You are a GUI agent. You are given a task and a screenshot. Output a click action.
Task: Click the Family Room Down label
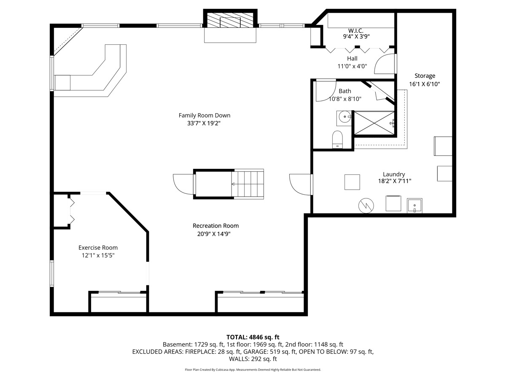point(204,115)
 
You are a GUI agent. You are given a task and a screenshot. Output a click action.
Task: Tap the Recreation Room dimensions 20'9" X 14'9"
point(214,234)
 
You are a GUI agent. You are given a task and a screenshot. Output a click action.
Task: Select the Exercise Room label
point(98,247)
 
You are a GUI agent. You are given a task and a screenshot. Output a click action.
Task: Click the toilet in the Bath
point(337,139)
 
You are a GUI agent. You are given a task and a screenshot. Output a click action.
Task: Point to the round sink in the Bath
point(344,117)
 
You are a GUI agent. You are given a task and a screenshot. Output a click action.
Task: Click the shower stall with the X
point(374,123)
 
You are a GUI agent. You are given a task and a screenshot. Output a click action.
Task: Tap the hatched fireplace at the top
point(230,20)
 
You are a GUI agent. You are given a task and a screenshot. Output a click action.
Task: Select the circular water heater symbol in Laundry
point(366,206)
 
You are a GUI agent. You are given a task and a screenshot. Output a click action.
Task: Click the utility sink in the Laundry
point(414,206)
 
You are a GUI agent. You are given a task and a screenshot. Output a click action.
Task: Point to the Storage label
point(425,76)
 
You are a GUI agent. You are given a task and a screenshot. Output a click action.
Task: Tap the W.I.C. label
point(356,30)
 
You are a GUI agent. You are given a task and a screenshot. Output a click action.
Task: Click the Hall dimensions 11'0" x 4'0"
point(352,66)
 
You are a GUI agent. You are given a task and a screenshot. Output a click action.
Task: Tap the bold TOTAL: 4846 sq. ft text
point(253,337)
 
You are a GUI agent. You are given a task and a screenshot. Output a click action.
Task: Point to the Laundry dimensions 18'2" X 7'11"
point(395,181)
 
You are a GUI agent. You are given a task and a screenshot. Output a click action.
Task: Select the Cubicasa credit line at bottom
point(253,369)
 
